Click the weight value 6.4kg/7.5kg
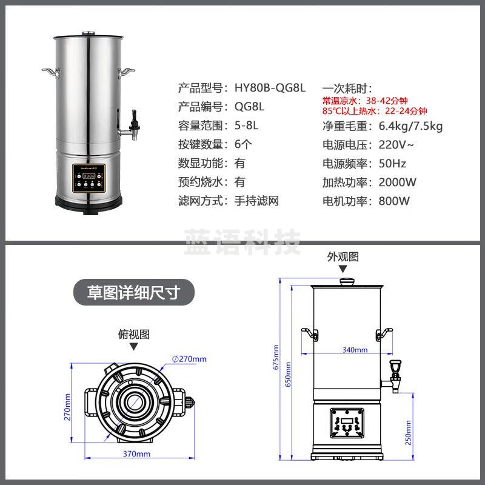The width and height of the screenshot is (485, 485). click(x=410, y=125)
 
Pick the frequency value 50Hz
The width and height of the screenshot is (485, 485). click(x=392, y=163)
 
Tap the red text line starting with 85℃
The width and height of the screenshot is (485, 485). click(x=375, y=112)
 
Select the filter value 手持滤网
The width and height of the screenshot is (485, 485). click(x=256, y=201)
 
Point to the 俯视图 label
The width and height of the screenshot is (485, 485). click(x=133, y=333)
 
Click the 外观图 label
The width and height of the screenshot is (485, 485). click(x=343, y=256)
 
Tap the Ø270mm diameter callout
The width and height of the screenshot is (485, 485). click(x=190, y=359)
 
